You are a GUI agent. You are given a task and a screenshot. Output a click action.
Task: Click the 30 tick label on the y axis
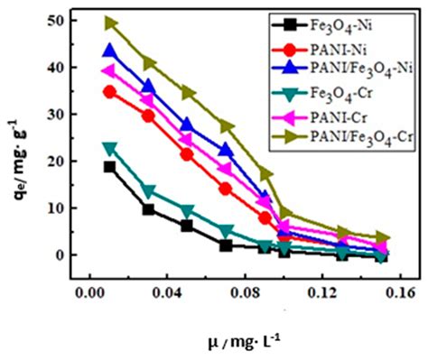(62, 115)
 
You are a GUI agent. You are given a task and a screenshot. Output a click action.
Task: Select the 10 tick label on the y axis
(62, 208)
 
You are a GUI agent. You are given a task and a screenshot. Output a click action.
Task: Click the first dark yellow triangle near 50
(110, 23)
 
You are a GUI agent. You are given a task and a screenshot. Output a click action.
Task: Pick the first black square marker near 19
(110, 167)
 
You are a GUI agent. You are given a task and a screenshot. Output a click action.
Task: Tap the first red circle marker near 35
(110, 91)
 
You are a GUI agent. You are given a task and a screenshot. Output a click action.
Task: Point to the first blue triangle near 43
(110, 51)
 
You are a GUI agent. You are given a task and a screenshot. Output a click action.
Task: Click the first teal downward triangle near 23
(110, 148)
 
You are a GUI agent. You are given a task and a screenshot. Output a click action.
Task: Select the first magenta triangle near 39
(110, 71)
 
